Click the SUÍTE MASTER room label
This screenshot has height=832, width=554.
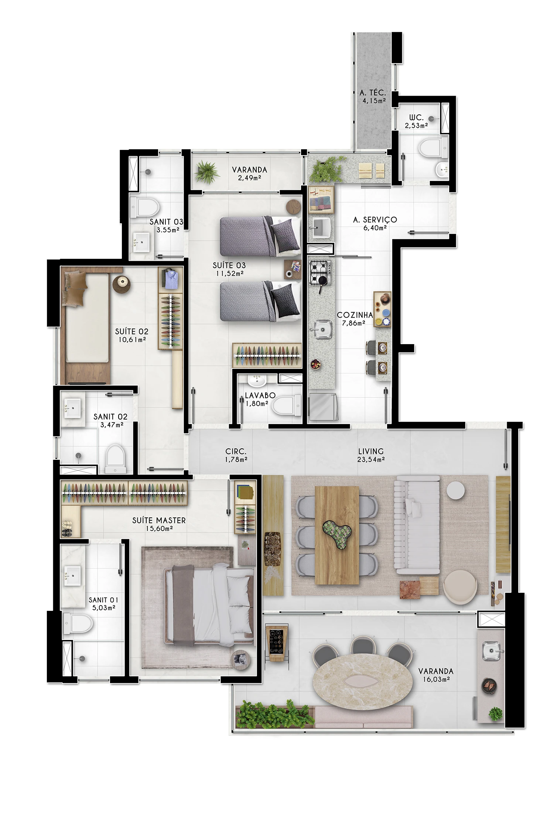[159, 520]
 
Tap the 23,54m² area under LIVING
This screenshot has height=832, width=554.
[371, 460]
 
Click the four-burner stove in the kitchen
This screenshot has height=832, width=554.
[320, 272]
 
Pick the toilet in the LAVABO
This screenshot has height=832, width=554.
[287, 405]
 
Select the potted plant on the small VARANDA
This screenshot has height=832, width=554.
[207, 172]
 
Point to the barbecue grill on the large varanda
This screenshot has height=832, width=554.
[490, 686]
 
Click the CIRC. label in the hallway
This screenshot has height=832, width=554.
[236, 451]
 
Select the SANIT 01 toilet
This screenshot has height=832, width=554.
[78, 624]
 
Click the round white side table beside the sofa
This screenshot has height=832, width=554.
[455, 490]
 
